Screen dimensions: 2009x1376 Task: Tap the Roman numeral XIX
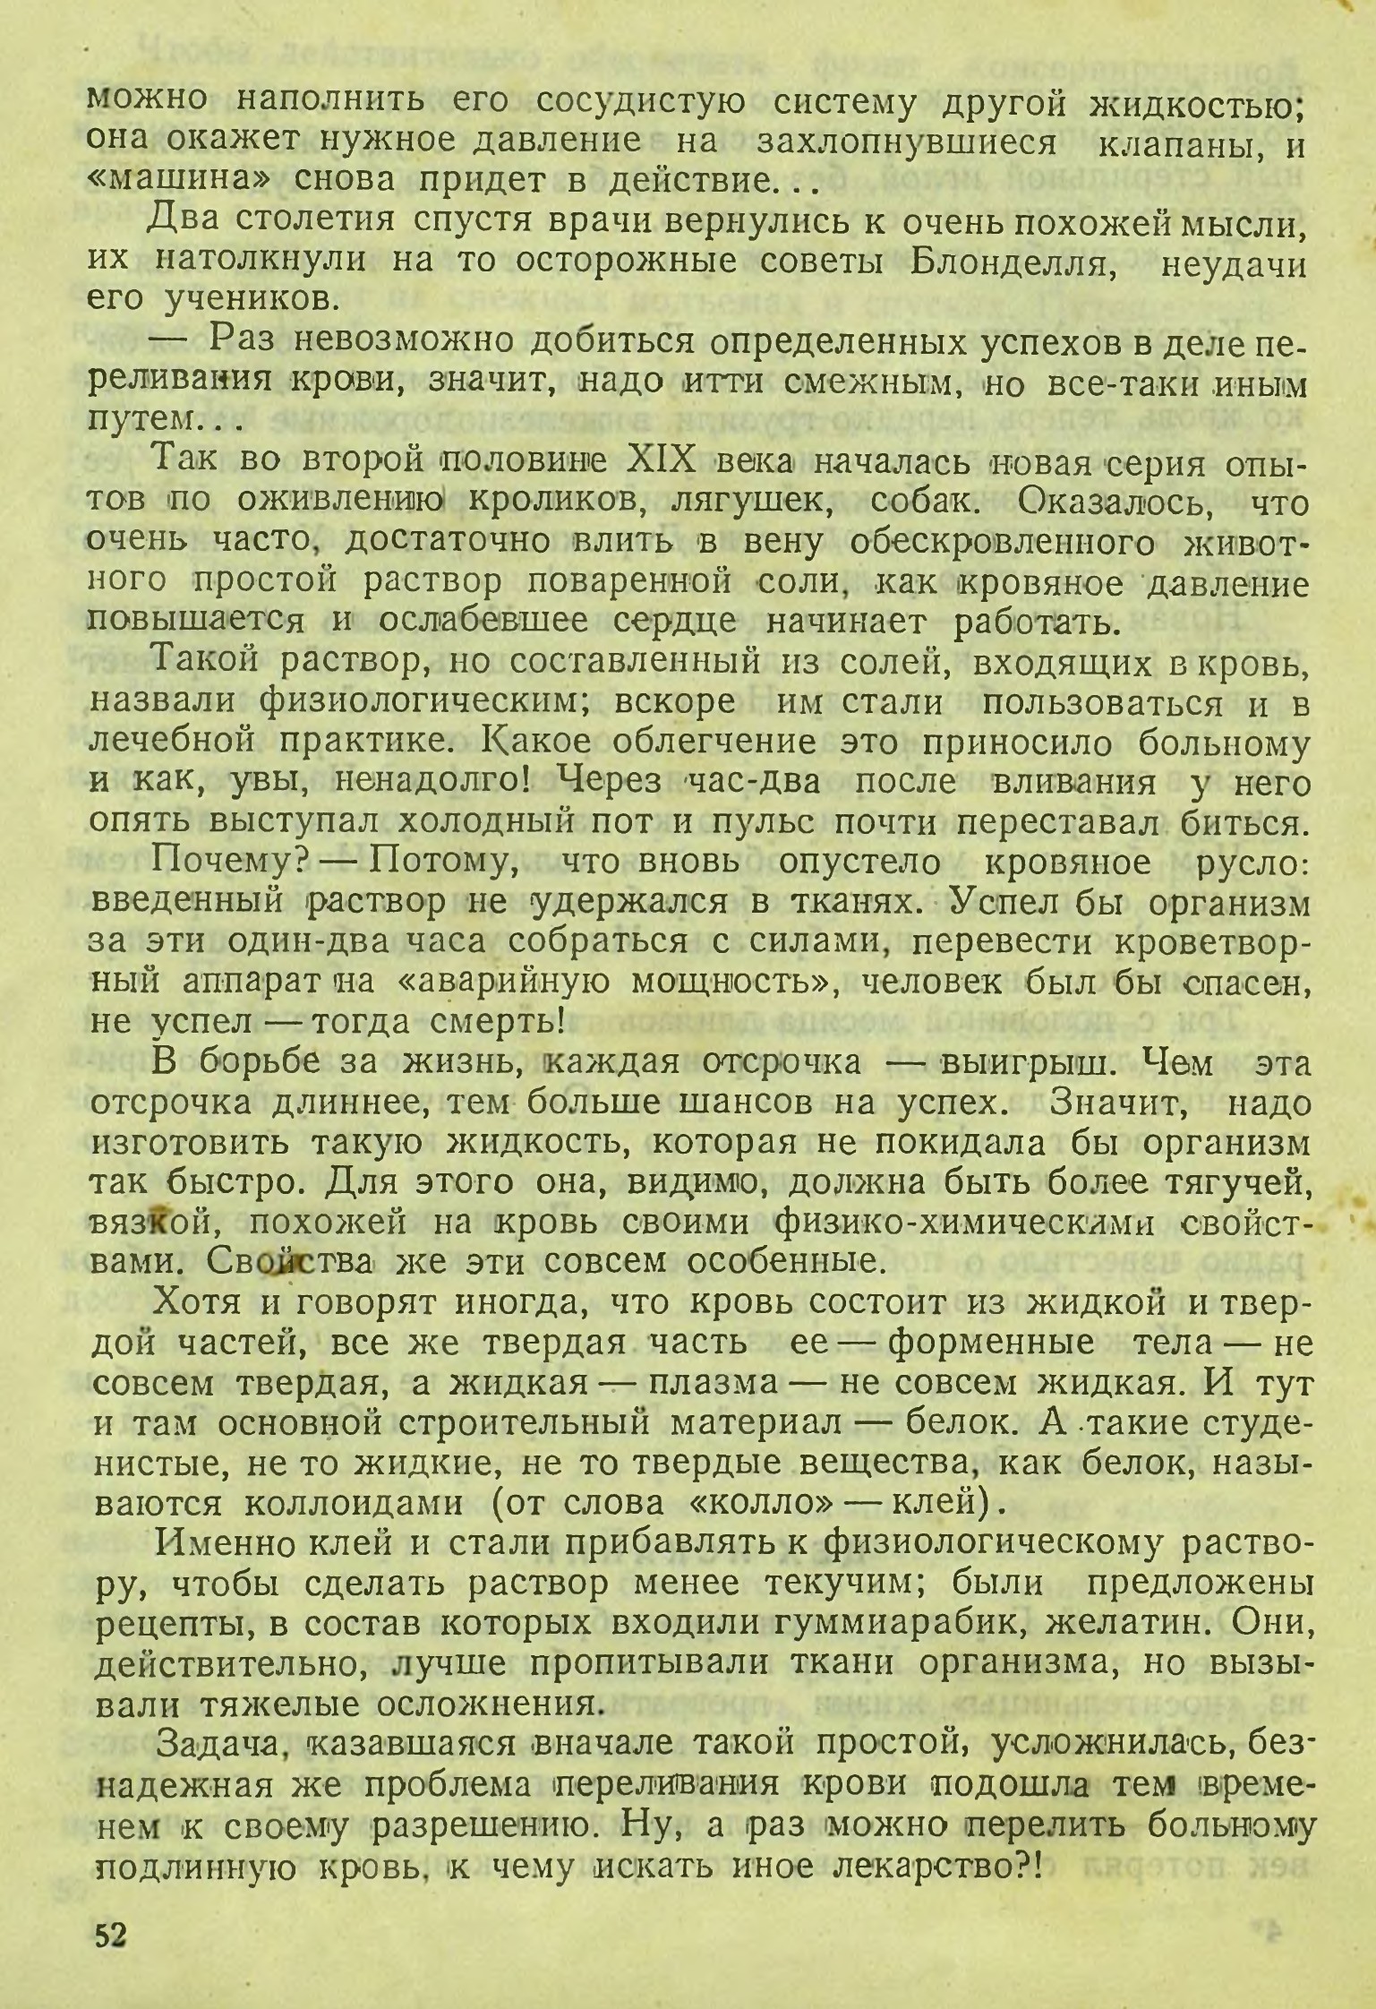(662, 464)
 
